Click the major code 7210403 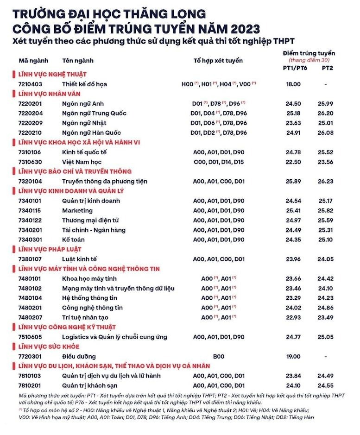point(30,84)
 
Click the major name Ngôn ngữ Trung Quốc point(94,113)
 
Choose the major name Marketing point(77,210)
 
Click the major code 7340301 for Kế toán point(30,239)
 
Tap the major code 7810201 point(30,385)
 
